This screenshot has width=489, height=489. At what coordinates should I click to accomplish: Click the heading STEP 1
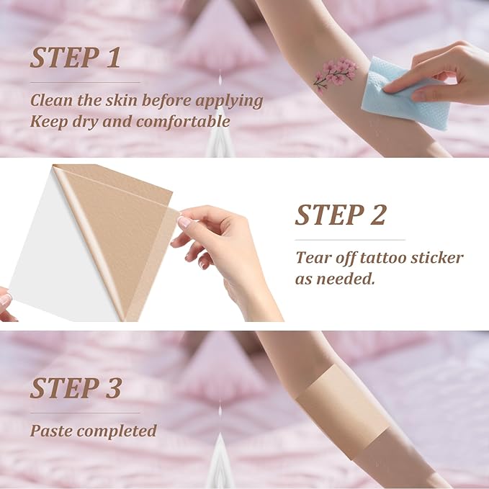[75, 58]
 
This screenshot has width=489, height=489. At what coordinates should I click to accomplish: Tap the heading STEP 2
[341, 215]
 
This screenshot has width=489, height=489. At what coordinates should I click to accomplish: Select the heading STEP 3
[75, 388]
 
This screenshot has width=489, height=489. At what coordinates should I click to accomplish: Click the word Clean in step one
[52, 100]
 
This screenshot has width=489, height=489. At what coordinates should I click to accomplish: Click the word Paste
[53, 431]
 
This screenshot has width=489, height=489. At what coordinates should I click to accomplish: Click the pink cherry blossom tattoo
[336, 74]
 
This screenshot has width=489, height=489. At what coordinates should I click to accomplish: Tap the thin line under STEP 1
[85, 83]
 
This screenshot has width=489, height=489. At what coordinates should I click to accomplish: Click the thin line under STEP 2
[350, 240]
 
